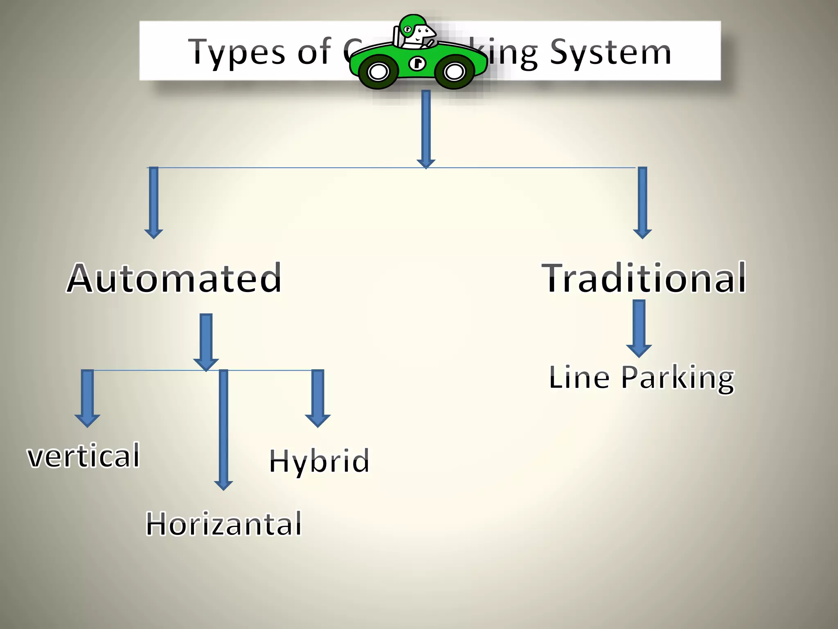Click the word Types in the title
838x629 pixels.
click(237, 52)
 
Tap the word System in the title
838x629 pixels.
click(610, 52)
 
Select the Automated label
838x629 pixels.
click(174, 278)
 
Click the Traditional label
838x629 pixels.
click(644, 278)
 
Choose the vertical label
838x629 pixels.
click(83, 456)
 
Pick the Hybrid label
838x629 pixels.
click(319, 461)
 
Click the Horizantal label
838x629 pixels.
click(224, 524)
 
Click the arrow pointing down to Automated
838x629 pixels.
click(154, 202)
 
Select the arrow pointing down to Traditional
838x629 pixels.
click(642, 202)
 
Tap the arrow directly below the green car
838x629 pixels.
click(426, 129)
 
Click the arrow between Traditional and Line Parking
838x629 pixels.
click(639, 328)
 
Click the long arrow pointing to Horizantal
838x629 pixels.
click(223, 430)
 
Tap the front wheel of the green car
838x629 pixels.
click(454, 72)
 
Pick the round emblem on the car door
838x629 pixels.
click(417, 63)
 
